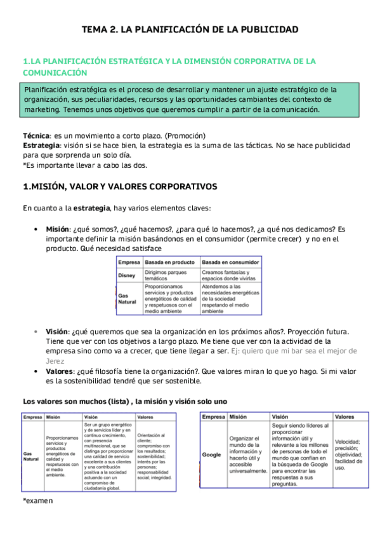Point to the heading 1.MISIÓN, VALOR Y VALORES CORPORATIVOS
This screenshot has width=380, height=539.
click(x=120, y=187)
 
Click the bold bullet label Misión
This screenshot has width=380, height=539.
click(x=58, y=229)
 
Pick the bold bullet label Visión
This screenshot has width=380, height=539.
click(x=56, y=332)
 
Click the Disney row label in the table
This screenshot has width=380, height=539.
click(x=127, y=275)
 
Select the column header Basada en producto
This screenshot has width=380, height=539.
click(x=169, y=262)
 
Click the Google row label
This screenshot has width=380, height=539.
click(x=213, y=455)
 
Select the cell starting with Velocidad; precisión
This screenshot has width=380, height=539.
click(x=348, y=454)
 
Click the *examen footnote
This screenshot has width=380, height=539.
click(x=38, y=501)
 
